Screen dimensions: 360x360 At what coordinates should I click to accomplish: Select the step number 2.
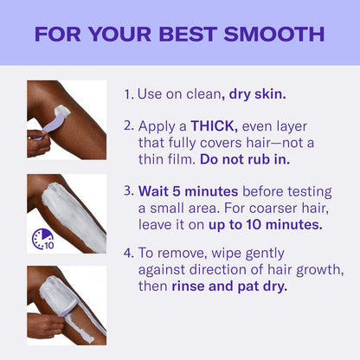127,125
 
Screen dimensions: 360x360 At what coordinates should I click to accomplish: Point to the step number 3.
127,189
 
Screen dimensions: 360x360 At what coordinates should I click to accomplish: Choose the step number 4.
127,253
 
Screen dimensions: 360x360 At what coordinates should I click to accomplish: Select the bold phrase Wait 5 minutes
184,189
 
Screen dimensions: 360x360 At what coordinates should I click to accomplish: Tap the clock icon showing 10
42,237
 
